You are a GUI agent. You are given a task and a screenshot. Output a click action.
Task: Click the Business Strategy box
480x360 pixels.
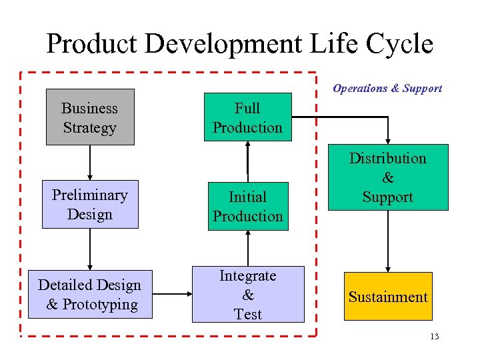90,117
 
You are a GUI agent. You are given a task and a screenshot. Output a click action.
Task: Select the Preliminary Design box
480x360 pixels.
90,205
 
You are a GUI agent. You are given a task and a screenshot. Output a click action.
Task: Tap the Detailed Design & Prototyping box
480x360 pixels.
90,295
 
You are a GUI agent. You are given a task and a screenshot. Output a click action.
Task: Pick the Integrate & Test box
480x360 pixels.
248,295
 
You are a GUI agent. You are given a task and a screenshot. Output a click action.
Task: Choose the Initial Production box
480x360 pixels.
248,207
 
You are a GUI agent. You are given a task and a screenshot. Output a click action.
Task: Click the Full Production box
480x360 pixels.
248,117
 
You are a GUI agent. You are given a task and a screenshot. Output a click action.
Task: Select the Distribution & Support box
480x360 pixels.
388,177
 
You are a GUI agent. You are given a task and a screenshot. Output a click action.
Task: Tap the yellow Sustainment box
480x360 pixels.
388,297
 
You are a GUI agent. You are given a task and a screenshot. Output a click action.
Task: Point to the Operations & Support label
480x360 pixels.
387,88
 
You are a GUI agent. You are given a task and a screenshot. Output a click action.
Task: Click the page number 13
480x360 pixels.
434,337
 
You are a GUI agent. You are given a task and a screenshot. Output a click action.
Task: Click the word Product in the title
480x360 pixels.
91,44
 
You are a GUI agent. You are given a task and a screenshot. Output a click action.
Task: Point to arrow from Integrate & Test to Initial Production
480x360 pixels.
248,248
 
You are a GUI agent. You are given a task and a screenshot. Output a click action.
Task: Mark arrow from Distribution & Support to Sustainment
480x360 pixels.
388,241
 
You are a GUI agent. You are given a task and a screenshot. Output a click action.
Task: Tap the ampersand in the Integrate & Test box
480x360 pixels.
248,295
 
